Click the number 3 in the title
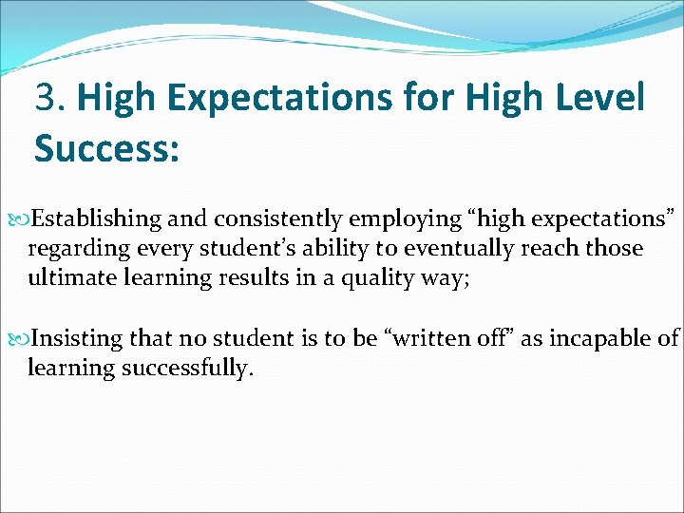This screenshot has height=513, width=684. tap(45, 97)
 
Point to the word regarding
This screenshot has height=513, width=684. tap(72, 250)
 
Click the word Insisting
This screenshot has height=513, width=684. tap(76, 338)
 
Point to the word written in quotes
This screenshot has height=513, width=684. tap(430, 338)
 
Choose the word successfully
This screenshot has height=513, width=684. tap(187, 368)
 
